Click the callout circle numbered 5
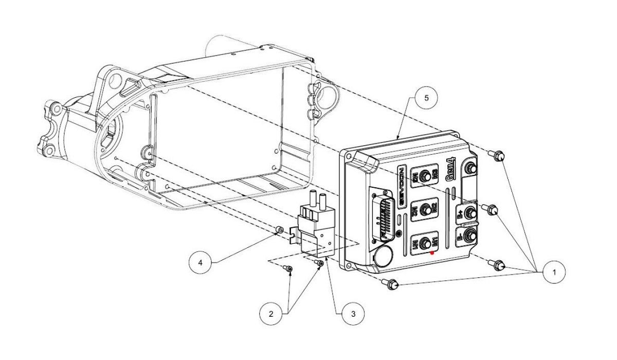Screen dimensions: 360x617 (x=427, y=97)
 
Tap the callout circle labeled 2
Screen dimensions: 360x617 (x=275, y=312)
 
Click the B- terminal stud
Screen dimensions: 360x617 (x=469, y=236)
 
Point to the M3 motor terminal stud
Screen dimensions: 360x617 (x=425, y=176)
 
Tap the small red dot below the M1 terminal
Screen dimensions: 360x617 (x=432, y=253)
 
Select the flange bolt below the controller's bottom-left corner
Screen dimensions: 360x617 (x=391, y=283)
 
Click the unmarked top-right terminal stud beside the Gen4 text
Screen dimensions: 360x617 (x=469, y=168)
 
